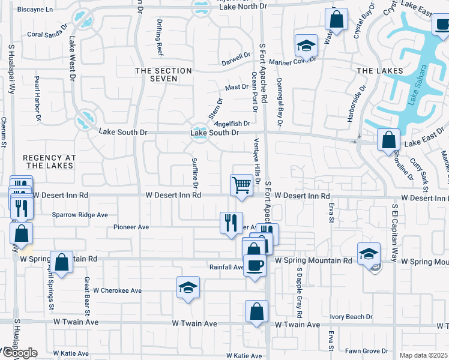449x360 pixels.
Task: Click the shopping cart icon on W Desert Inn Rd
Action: pos(241,184)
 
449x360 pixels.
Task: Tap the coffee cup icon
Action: pos(255,265)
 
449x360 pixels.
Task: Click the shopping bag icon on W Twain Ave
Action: pos(256,311)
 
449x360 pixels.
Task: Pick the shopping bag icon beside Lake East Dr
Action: pos(389,140)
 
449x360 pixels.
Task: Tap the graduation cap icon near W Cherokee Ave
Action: pos(188,288)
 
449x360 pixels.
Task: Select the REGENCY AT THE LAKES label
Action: pos(49,161)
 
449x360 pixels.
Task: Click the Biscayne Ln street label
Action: pos(35,10)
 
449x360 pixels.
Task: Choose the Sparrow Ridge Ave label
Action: pos(80,214)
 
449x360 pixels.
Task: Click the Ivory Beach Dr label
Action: pos(351,317)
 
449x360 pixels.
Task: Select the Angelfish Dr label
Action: pos(232,124)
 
